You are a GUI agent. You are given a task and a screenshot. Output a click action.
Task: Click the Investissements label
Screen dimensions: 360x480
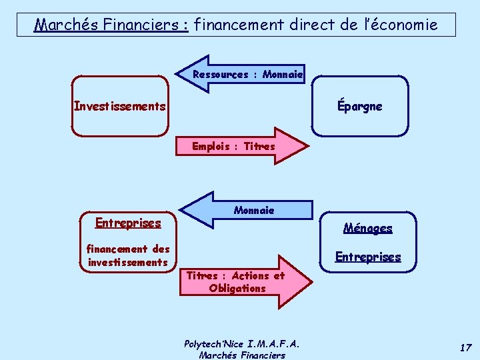click(120, 106)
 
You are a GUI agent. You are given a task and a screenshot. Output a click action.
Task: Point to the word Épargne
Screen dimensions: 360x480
click(360, 106)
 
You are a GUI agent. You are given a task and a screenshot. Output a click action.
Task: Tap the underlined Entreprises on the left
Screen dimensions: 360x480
click(128, 223)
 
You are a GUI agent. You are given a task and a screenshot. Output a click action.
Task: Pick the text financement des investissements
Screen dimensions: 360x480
click(128, 255)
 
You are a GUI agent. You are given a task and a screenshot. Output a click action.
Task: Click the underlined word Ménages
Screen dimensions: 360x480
click(368, 228)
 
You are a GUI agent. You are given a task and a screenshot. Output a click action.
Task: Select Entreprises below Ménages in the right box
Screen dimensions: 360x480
click(368, 257)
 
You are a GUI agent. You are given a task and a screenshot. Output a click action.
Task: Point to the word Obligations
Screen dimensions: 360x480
click(237, 289)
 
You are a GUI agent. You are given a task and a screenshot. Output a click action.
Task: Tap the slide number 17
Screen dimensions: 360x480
click(465, 347)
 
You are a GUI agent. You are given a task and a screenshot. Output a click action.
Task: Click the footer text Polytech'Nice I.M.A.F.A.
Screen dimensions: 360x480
click(241, 344)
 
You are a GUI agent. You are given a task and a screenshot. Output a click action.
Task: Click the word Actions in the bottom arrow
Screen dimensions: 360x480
click(250, 275)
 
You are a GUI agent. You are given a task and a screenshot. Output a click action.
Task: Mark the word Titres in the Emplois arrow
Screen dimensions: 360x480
click(259, 146)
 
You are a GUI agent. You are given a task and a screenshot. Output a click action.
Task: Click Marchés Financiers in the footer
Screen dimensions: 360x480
click(241, 355)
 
